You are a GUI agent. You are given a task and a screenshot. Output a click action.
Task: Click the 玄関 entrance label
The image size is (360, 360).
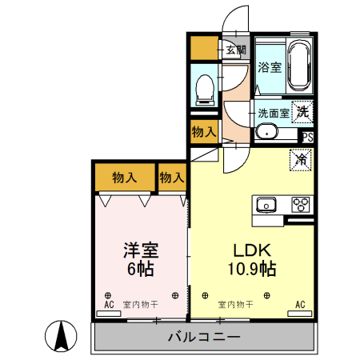tap(235, 50)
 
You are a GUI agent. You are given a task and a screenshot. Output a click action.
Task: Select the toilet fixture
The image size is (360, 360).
tap(204, 87)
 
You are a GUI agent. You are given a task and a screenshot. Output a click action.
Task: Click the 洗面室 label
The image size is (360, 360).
tap(273, 113)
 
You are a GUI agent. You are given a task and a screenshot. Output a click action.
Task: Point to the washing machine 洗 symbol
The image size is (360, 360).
tap(302, 112)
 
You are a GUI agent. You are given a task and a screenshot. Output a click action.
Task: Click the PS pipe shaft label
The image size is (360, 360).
tap(307, 137)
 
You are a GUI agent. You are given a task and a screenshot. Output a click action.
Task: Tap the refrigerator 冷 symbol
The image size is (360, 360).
tap(302, 158)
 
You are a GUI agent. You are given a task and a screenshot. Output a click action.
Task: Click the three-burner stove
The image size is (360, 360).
tap(301, 202)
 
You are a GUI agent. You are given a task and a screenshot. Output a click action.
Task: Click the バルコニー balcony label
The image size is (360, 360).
tap(203, 337)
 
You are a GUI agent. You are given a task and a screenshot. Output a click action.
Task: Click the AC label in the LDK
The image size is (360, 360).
tap(301, 305)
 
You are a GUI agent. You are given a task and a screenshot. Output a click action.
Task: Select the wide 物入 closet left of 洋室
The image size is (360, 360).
tap(125, 177)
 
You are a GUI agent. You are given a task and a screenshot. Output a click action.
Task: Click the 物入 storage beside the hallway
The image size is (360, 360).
tap(204, 131)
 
